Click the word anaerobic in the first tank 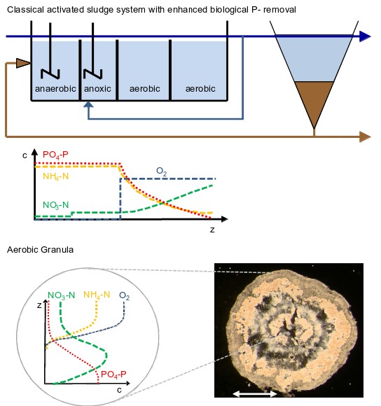tap(55, 89)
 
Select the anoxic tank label tap(97, 89)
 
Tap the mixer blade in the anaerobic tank tap(50, 73)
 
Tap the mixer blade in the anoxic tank tap(92, 73)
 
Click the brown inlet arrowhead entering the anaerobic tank tap(23, 63)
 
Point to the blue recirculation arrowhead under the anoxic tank tap(88, 104)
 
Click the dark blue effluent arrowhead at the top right tap(365, 36)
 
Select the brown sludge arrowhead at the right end tap(365, 136)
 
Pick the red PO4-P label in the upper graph tap(55, 155)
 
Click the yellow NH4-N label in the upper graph tap(56, 176)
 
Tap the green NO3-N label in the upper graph tap(56, 205)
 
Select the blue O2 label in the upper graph tap(161, 171)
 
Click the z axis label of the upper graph tap(212, 230)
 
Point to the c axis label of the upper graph tap(25, 155)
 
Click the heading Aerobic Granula tap(40, 250)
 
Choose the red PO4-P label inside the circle tap(113, 374)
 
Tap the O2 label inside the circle tap(125, 295)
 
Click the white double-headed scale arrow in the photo tap(255, 394)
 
